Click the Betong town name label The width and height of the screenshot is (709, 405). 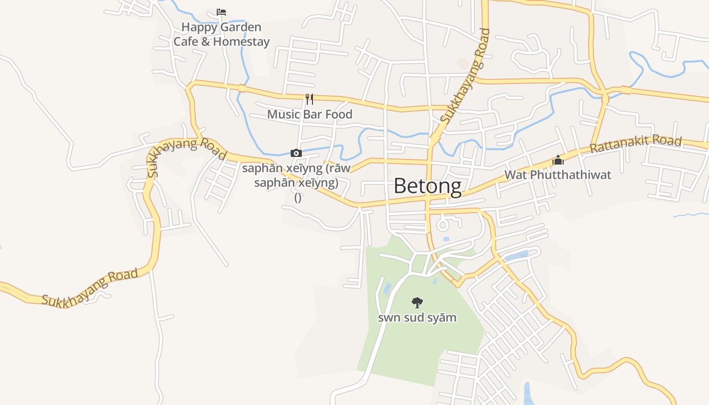pos(427,186)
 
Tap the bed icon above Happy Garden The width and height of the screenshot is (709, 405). pos(221,12)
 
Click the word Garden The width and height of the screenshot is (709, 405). pos(241,27)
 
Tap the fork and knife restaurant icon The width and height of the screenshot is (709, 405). pos(309,99)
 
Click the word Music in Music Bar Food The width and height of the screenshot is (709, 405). pos(284,114)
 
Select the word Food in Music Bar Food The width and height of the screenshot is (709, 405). pos(338,114)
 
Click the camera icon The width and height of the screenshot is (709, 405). pos(296,153)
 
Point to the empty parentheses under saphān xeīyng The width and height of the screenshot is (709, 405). pos(298,198)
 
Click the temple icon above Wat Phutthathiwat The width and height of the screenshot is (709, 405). pos(558,160)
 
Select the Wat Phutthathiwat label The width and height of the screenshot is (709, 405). pos(558,175)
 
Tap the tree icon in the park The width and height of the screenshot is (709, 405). pos(417,303)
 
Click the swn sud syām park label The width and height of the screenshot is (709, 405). pos(417,318)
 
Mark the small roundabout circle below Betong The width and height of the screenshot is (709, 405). pos(443,224)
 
